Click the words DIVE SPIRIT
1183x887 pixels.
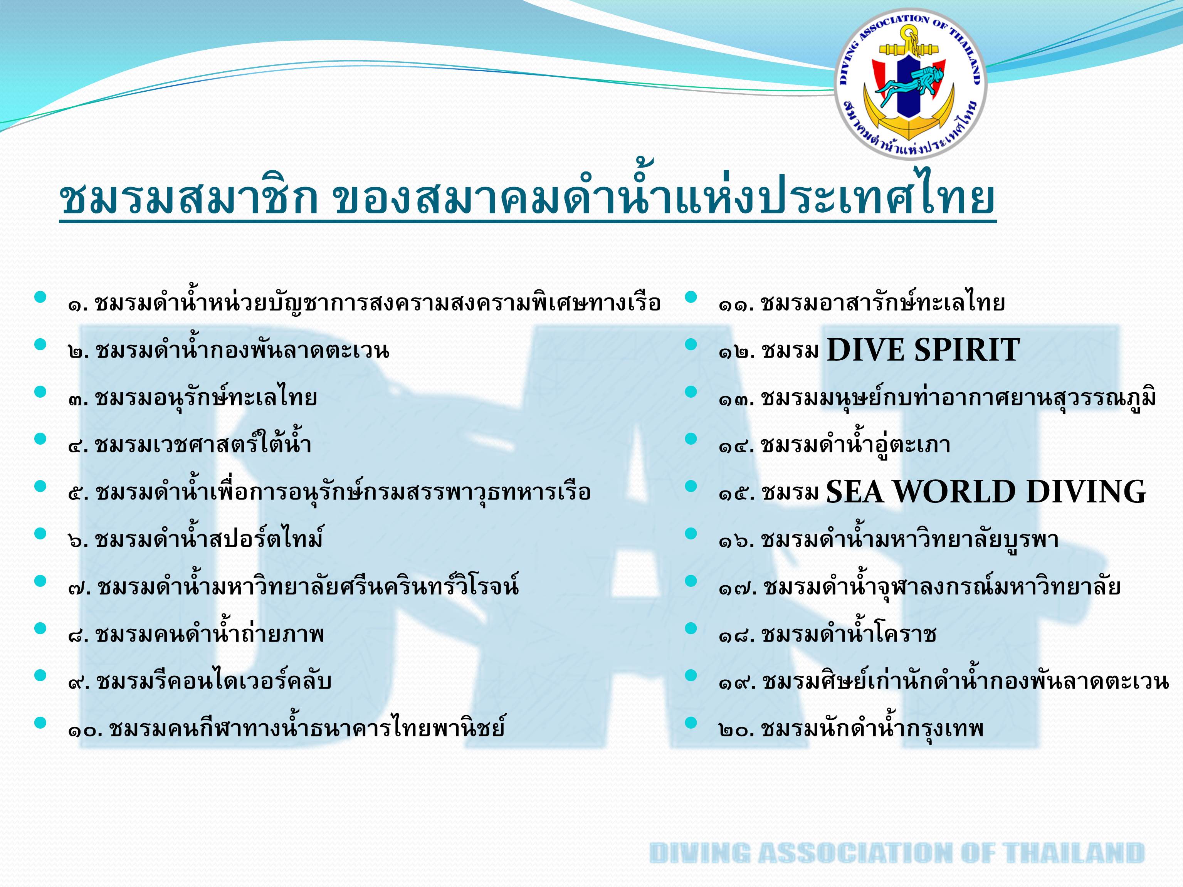(x=923, y=350)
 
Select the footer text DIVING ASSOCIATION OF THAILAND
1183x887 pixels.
(x=897, y=852)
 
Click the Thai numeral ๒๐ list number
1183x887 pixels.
(x=735, y=730)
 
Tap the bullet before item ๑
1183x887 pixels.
(x=40, y=297)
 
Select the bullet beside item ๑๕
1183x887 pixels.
(x=691, y=486)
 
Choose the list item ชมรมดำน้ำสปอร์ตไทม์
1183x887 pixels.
(x=209, y=538)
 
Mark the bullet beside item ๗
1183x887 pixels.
(x=40, y=581)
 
